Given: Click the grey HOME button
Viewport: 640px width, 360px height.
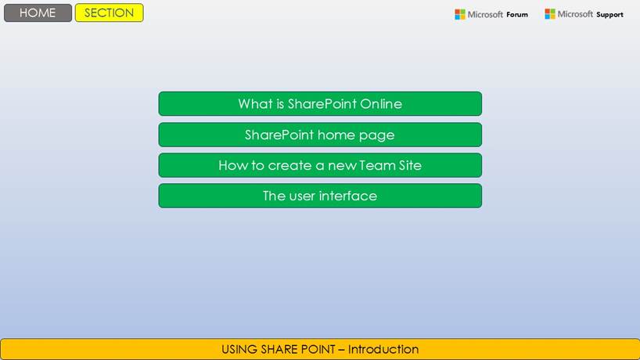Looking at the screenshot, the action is [38, 13].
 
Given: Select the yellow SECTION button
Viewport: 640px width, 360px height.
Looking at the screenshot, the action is [110, 13].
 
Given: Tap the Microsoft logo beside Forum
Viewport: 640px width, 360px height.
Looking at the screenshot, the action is [460, 15].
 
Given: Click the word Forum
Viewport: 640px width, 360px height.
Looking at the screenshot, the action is [517, 15].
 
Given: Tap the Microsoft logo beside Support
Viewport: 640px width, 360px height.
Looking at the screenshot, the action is [550, 14].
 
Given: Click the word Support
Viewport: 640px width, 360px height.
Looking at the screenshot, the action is [609, 15].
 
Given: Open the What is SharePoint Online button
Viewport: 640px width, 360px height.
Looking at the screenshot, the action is [320, 103].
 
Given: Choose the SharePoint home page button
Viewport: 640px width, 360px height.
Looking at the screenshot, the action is [320, 135].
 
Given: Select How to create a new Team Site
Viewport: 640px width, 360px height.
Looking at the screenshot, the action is [320, 165].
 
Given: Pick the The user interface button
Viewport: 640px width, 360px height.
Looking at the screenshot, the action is [320, 196].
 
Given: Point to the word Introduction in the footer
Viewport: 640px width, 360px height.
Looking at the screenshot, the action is [383, 349].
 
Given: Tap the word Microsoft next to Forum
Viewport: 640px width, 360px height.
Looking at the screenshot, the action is [485, 15].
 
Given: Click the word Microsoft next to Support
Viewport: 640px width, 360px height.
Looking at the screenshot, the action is [575, 14].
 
